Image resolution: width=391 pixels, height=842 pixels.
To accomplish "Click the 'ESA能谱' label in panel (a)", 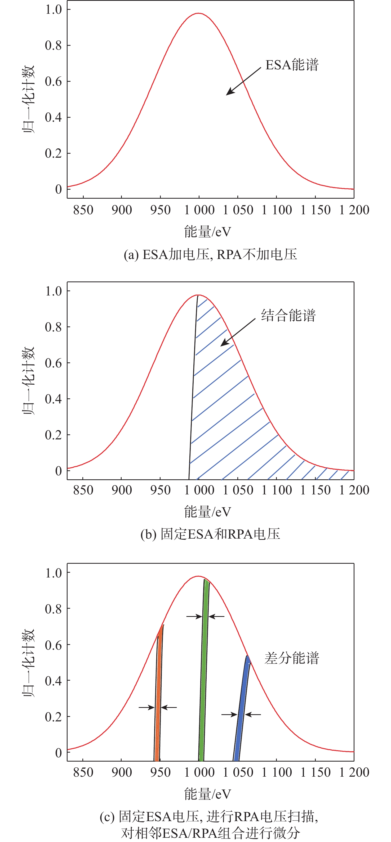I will pyautogui.click(x=292, y=65).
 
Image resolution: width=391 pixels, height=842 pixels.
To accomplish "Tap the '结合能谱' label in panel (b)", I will pyautogui.click(x=288, y=315).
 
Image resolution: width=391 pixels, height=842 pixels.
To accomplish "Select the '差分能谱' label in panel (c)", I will pyautogui.click(x=292, y=658).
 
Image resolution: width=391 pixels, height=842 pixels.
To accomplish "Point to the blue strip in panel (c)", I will pyautogui.click(x=242, y=703).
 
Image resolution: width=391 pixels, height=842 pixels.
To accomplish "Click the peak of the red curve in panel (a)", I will pyautogui.click(x=199, y=13).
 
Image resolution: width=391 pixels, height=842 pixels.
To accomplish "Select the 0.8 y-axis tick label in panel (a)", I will pyautogui.click(x=53, y=45).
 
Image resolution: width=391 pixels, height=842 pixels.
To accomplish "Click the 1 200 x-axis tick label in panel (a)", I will pyautogui.click(x=354, y=210).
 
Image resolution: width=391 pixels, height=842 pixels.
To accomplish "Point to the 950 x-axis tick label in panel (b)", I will pyautogui.click(x=160, y=490).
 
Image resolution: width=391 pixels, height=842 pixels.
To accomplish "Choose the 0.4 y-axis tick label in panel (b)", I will pyautogui.click(x=53, y=399).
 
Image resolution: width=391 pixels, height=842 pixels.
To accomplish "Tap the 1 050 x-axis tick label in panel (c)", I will pyautogui.click(x=238, y=772).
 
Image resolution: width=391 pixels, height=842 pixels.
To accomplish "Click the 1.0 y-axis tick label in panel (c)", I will pyautogui.click(x=53, y=573).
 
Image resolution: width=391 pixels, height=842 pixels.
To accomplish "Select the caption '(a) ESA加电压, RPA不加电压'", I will pyautogui.click(x=210, y=254).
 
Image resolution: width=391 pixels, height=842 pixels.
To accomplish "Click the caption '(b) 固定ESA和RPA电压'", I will pyautogui.click(x=210, y=534).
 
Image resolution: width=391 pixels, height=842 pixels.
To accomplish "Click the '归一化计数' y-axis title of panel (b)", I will pyautogui.click(x=29, y=381).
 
